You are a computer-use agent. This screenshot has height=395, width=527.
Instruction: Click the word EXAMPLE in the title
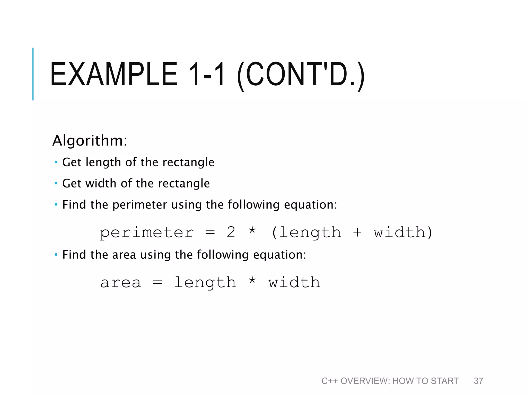[114, 74]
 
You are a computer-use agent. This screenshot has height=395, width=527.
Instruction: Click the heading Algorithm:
[90, 141]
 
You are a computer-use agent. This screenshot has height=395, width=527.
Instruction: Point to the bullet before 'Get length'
[56, 162]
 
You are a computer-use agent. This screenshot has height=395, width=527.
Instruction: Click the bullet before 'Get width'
[56, 183]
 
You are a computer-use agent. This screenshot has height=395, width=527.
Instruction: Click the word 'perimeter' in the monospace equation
[146, 233]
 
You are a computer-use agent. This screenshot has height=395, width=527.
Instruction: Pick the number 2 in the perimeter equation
[231, 232]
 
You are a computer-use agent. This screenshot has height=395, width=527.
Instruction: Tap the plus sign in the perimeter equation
[357, 232]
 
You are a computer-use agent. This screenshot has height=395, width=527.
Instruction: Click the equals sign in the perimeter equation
[210, 232]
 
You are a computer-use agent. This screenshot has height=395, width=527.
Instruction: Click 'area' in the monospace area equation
[121, 283]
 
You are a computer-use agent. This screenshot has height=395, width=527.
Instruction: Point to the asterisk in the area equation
[252, 280]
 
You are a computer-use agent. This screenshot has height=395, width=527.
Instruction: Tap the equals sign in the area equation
[157, 283]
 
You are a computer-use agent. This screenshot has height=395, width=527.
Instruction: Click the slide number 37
[478, 381]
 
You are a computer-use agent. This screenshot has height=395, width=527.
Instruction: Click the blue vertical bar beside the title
[33, 74]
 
